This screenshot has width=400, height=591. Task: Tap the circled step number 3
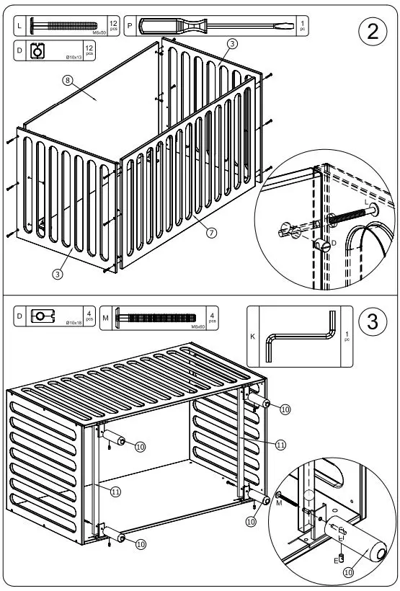372,322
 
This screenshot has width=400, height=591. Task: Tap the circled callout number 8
67,81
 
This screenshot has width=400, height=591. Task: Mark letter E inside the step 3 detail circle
336,559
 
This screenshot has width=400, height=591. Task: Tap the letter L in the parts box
19,26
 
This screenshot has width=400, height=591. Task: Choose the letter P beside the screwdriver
130,26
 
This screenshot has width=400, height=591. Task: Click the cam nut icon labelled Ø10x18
43,316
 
